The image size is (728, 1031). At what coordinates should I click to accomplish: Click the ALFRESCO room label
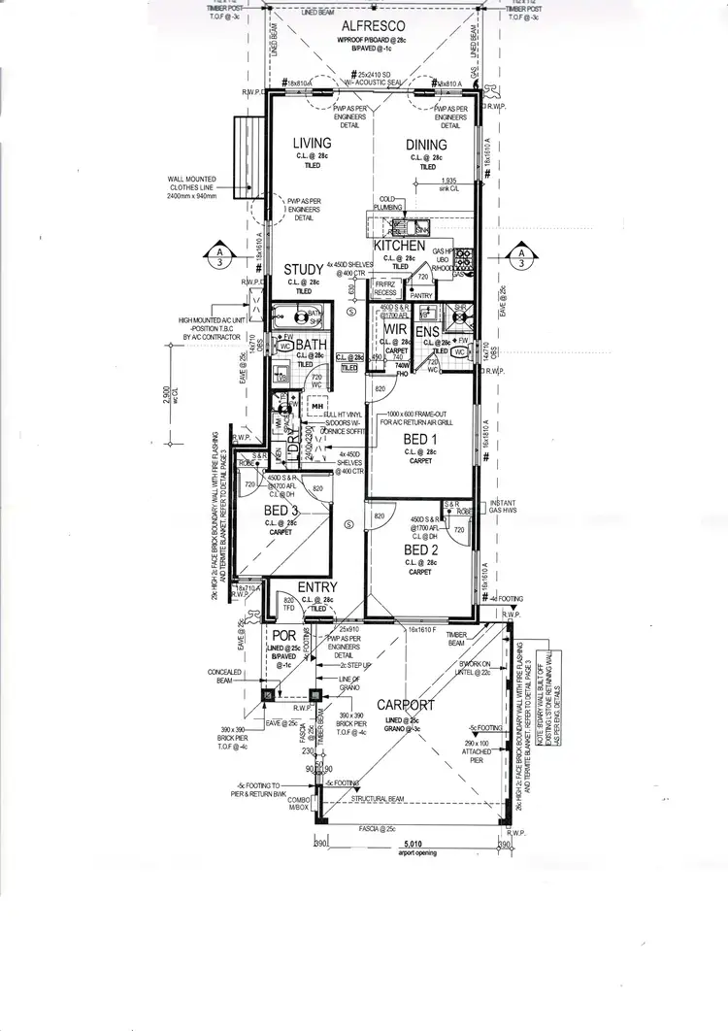[x=373, y=27]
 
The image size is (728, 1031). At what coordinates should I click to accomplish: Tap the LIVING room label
[x=314, y=144]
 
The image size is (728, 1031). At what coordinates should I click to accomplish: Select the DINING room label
[x=426, y=145]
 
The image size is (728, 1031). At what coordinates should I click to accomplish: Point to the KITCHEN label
[x=399, y=247]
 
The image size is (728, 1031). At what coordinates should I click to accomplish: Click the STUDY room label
[x=303, y=269]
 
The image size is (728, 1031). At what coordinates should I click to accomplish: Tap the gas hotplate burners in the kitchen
[x=465, y=259]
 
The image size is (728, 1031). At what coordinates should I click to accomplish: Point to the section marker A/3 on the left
[x=219, y=255]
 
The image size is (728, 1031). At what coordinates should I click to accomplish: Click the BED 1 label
[x=420, y=439]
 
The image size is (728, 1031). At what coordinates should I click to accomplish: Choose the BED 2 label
[x=420, y=550]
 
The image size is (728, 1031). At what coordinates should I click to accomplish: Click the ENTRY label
[x=317, y=587]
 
